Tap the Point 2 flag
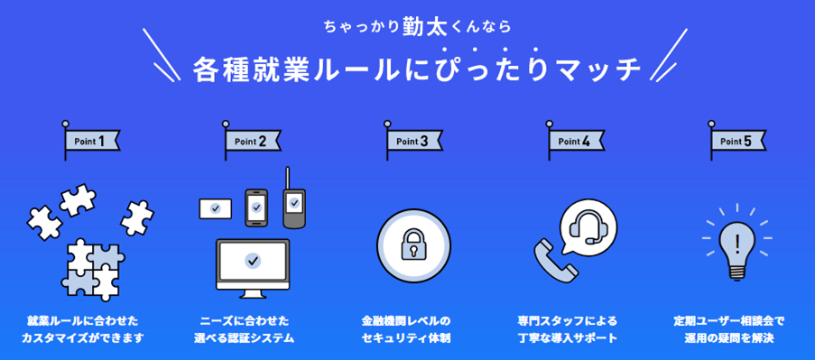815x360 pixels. [252, 141]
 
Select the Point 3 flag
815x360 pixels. [414, 141]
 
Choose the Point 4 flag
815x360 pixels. [576, 141]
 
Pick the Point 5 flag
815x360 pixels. [737, 141]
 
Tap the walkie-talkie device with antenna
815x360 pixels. [293, 203]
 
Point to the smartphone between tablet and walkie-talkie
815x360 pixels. [257, 207]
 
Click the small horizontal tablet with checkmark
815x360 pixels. [215, 208]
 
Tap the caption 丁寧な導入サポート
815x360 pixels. [568, 338]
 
